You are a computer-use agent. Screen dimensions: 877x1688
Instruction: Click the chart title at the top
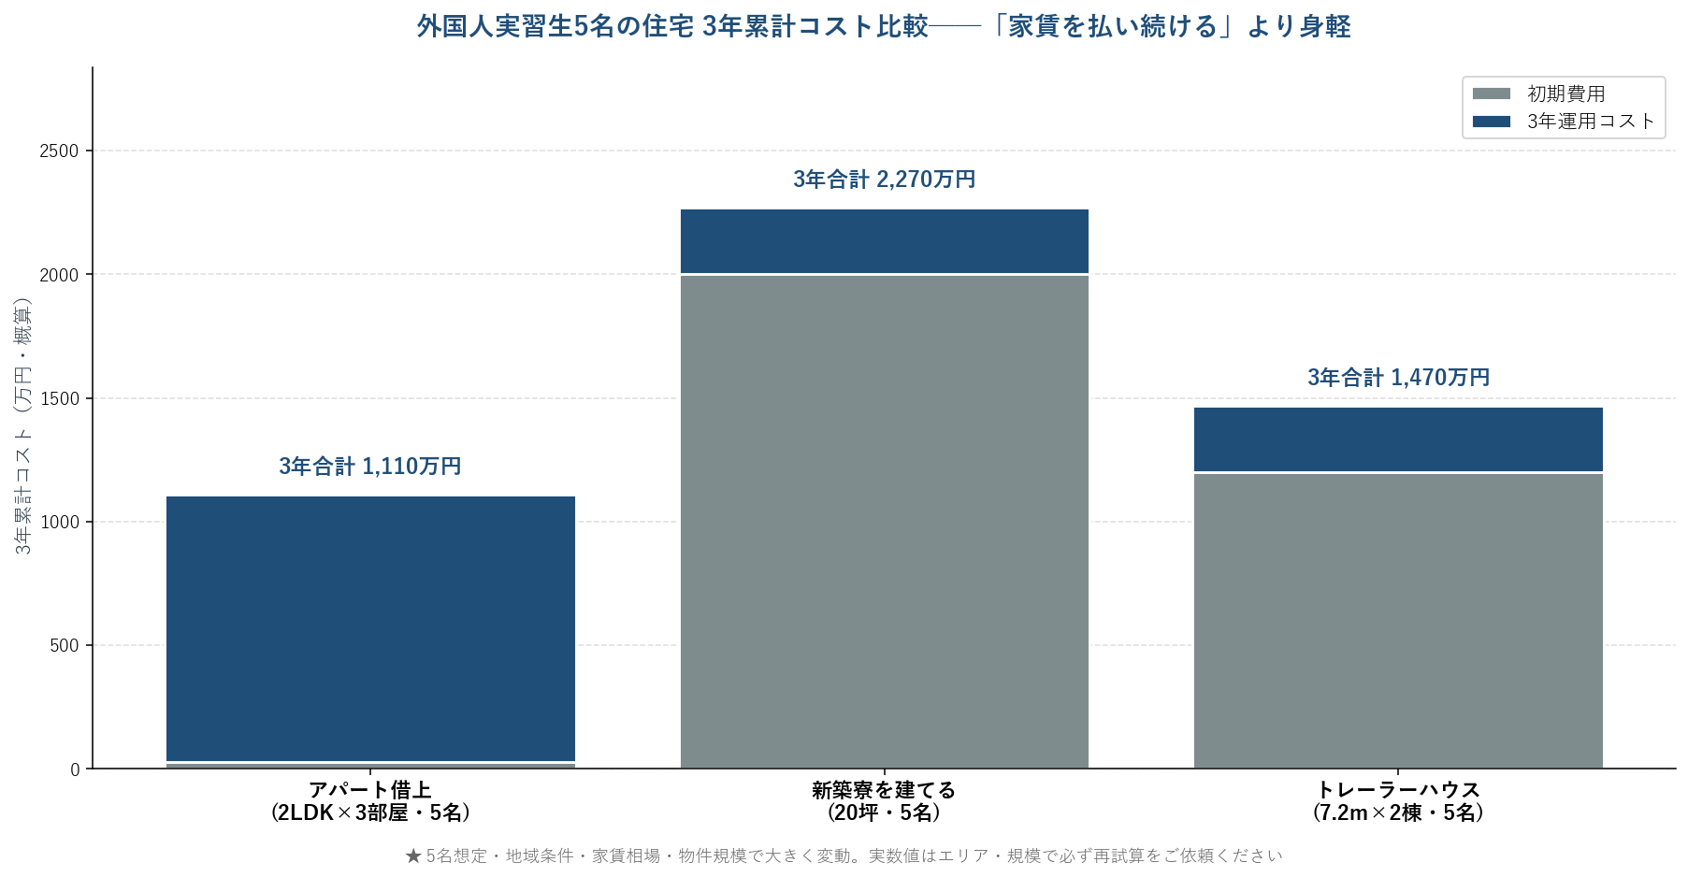click(x=883, y=26)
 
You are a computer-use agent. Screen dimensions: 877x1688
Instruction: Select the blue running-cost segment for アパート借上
click(x=370, y=628)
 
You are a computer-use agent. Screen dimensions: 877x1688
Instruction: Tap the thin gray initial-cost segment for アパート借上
click(x=370, y=766)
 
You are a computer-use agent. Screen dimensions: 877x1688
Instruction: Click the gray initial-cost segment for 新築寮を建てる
click(x=884, y=522)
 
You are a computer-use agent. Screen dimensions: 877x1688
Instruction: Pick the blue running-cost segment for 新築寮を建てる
click(x=884, y=241)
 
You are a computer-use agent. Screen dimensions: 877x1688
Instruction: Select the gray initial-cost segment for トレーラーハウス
click(x=1398, y=621)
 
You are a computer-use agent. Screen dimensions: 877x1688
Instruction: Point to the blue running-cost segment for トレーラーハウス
click(x=1398, y=439)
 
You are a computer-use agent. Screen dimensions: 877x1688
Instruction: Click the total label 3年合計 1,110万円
click(x=370, y=466)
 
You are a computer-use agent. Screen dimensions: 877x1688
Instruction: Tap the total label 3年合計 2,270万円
click(x=884, y=179)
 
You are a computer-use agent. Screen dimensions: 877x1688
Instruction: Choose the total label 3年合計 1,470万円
click(x=1398, y=377)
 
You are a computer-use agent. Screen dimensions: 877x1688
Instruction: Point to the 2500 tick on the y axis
click(x=59, y=151)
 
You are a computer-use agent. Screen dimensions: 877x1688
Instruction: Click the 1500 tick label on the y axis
click(x=59, y=398)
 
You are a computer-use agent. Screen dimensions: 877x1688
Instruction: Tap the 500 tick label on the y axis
click(x=65, y=645)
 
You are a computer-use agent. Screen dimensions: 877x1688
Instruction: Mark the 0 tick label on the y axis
click(x=75, y=769)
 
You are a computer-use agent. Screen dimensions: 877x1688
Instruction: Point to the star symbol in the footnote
click(x=413, y=855)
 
